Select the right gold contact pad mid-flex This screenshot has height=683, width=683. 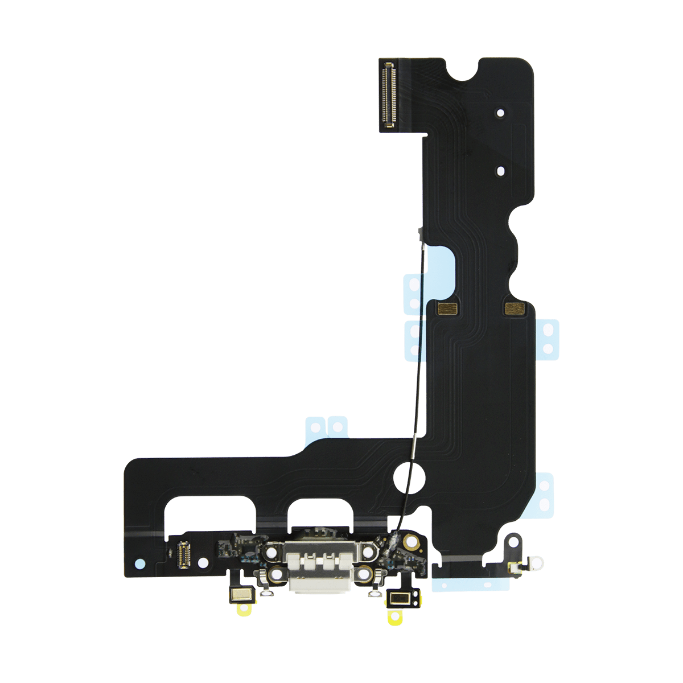[515, 309]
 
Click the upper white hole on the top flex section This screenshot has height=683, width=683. [500, 112]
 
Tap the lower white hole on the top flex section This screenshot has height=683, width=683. [500, 170]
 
